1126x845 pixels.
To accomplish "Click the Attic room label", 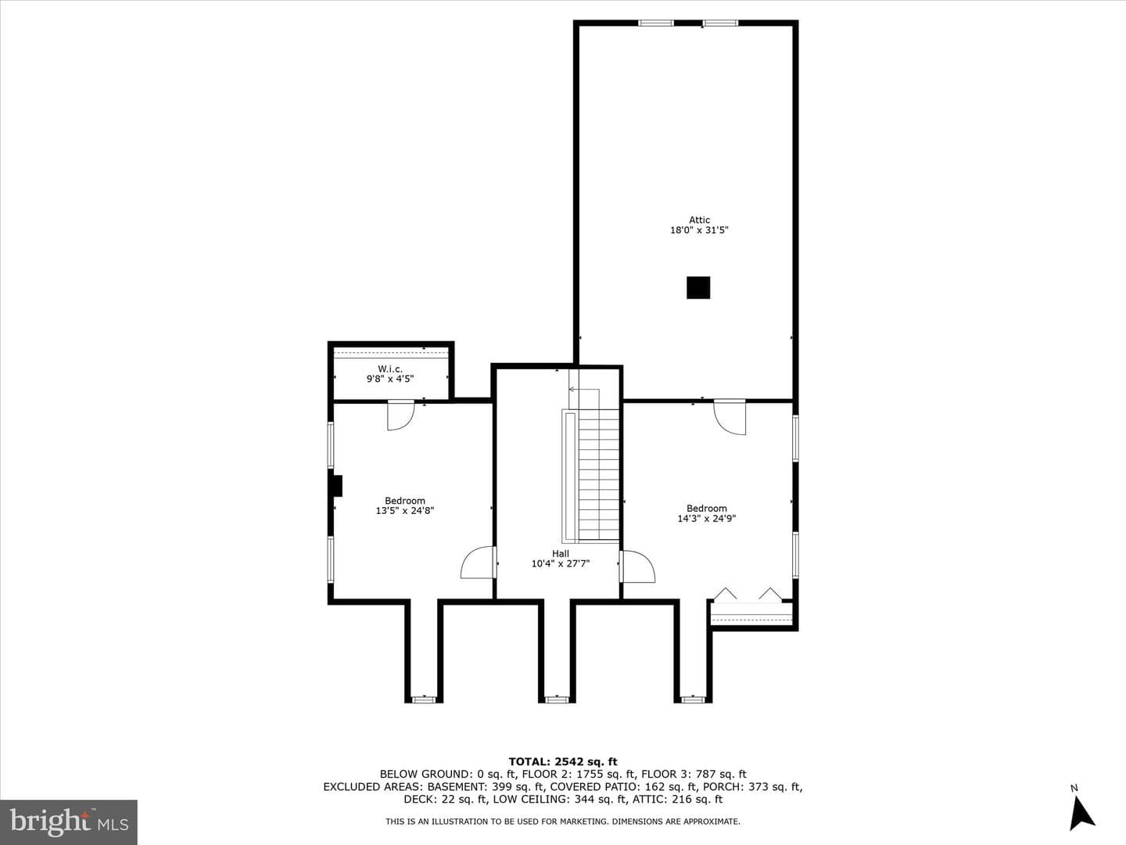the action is click(699, 220).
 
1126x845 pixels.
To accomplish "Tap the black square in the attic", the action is click(698, 287).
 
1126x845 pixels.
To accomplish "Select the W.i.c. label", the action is click(390, 369).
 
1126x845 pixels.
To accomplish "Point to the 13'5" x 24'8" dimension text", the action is click(405, 510).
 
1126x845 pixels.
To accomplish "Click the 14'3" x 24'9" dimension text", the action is click(706, 518).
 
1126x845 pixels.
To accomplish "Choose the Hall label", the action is click(560, 554).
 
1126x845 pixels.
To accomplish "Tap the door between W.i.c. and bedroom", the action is click(400, 415).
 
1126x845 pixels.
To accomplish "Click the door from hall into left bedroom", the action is click(479, 563).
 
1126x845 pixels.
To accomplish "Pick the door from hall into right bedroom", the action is click(637, 566).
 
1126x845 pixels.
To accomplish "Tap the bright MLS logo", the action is click(69, 822).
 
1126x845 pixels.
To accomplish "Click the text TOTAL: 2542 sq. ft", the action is click(563, 761).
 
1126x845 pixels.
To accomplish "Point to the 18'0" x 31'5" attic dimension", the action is click(699, 230).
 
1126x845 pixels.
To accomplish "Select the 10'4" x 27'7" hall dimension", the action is click(560, 563).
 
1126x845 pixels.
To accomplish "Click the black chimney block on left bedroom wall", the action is click(336, 486).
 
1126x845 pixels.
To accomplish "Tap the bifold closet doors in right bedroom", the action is click(748, 594).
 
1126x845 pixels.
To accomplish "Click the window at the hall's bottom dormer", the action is click(557, 699).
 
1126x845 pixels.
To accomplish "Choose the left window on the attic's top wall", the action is click(656, 23).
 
